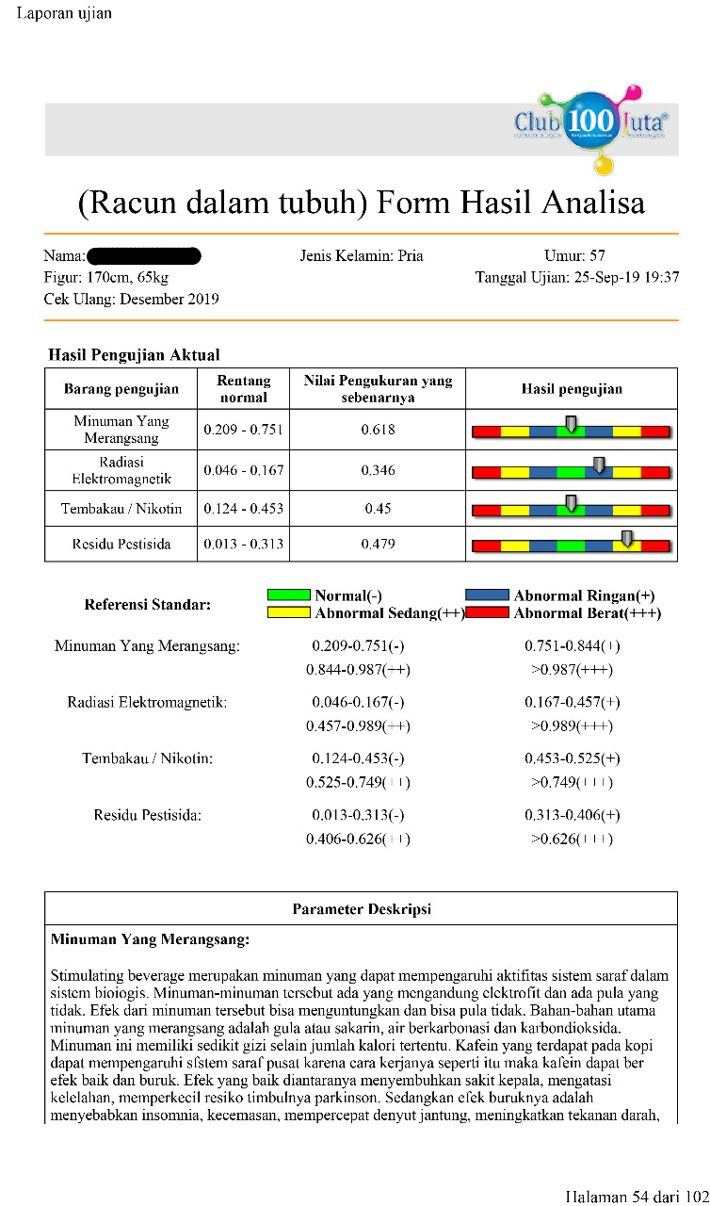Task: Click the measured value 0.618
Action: coord(378,430)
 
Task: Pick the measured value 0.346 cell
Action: coord(378,470)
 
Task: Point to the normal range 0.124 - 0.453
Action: coord(243,510)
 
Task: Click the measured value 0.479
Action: coord(378,544)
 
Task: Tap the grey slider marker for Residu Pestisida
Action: coord(627,538)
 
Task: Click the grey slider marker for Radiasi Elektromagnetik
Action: coord(599,464)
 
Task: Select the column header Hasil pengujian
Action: coord(572,388)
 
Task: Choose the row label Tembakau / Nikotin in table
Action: coord(121,510)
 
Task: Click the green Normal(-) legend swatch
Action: coord(288,595)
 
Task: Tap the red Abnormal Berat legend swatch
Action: coord(487,613)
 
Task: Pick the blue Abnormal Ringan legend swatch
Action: coord(487,595)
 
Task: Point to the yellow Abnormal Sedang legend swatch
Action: coord(288,613)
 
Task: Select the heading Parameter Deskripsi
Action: coord(362,909)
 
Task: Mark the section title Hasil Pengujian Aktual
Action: coord(134,355)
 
